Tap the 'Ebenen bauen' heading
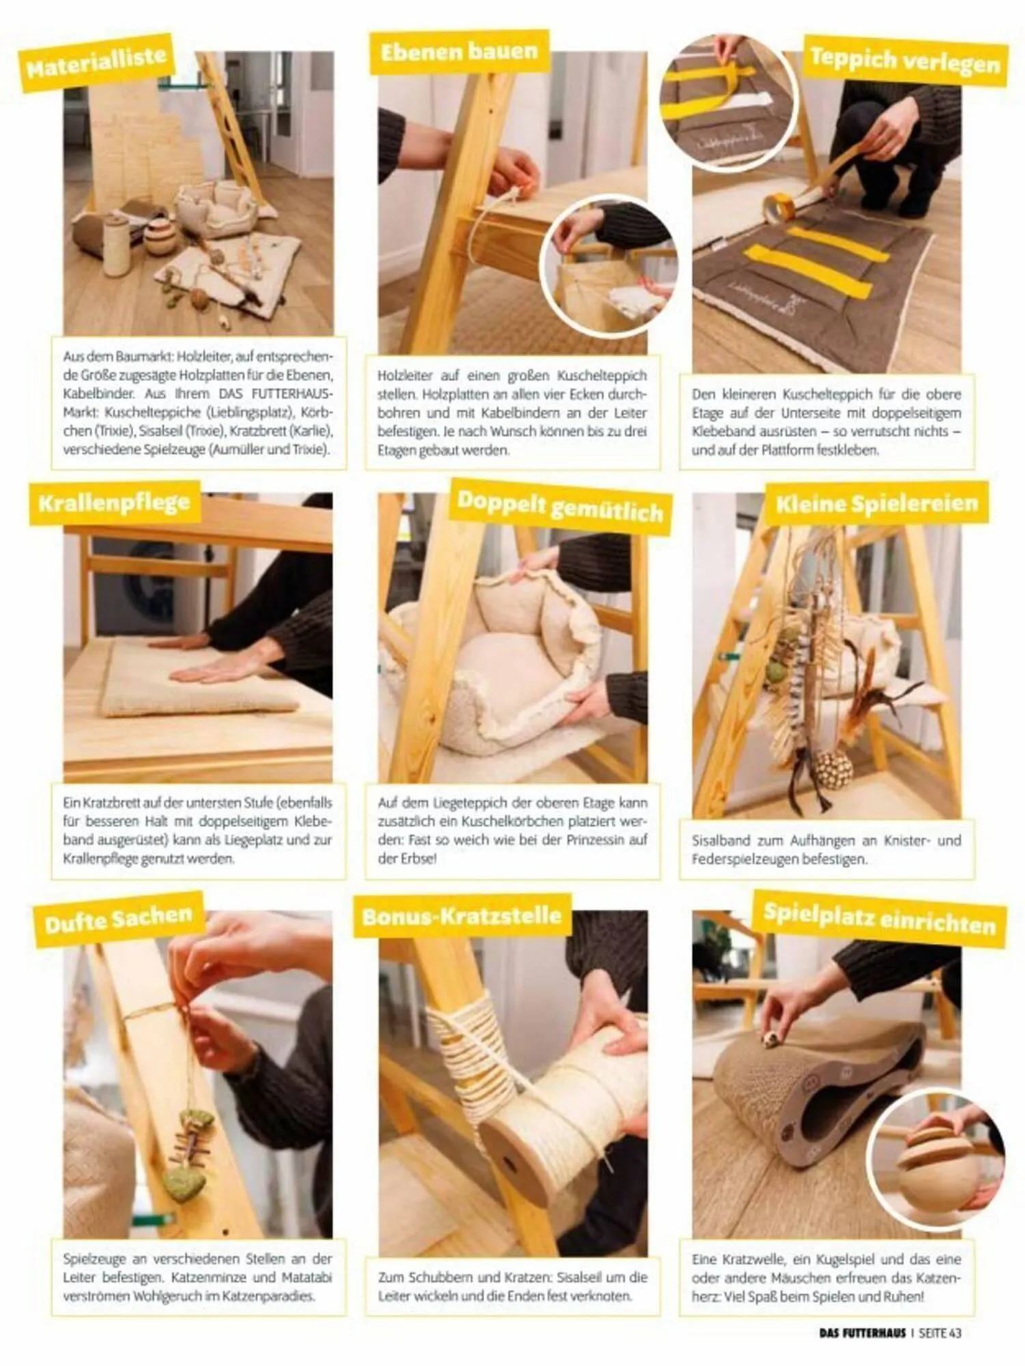460,53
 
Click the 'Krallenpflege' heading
115,503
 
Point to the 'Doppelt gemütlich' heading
561,507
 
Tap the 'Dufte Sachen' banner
119,919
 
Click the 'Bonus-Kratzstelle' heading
462,916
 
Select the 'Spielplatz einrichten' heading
880,919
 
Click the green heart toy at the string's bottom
181,1186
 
